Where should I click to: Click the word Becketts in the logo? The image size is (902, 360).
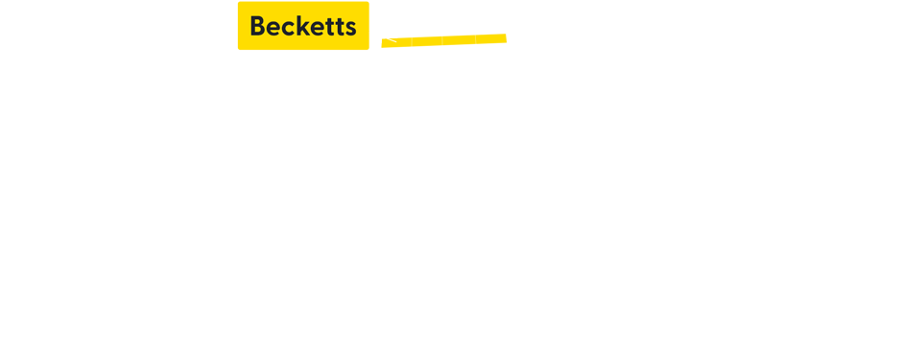303,26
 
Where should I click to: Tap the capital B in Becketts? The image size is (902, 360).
257,26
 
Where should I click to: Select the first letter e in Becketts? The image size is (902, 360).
274,29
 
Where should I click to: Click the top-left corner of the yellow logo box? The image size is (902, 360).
238,2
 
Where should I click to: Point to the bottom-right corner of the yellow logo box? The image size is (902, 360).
368,49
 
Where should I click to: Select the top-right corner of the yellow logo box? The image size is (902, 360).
368,2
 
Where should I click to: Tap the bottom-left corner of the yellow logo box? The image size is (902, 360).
238,49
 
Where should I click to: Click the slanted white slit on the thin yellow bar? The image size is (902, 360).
390,40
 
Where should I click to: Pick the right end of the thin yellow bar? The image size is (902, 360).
506,40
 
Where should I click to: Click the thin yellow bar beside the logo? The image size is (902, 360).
451,40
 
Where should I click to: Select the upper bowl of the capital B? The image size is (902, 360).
259,21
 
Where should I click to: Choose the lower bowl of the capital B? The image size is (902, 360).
260,31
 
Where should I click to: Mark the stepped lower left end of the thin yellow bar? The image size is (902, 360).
384,44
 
